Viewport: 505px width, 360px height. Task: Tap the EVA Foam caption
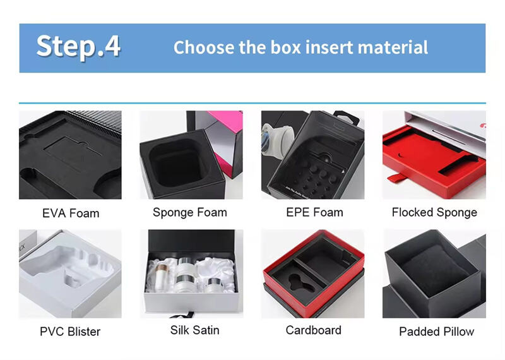[x=71, y=213]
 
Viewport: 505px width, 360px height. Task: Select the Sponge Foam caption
[x=190, y=212]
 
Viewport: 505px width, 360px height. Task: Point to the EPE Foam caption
[x=314, y=212]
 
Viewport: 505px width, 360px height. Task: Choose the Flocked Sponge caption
[x=434, y=212]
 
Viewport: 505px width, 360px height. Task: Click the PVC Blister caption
[x=70, y=332]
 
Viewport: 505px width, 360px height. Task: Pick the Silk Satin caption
[x=194, y=330]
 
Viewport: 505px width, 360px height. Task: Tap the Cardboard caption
[x=313, y=330]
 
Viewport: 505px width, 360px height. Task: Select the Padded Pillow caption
[x=436, y=332]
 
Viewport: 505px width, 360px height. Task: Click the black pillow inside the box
[x=435, y=271]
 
